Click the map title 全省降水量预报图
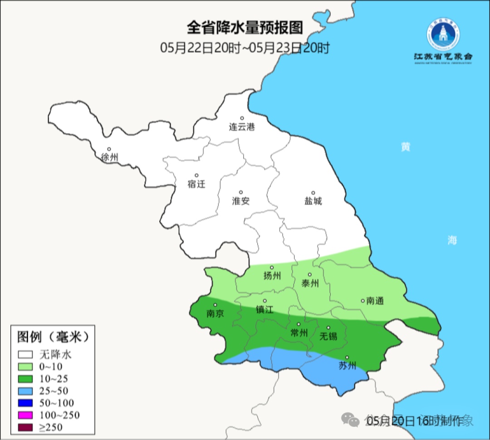pyautogui.click(x=245, y=28)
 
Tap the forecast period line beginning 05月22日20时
pyautogui.click(x=245, y=47)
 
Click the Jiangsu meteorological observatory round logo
pyautogui.click(x=443, y=35)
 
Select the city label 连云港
pyautogui.click(x=242, y=127)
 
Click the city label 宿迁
pyautogui.click(x=196, y=184)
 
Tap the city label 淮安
pyautogui.click(x=241, y=201)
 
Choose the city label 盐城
pyautogui.click(x=313, y=201)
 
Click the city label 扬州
pyautogui.click(x=272, y=276)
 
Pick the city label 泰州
pyautogui.click(x=310, y=283)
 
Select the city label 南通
pyautogui.click(x=375, y=301)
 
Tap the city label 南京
pyautogui.click(x=215, y=313)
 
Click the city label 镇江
pyautogui.click(x=265, y=309)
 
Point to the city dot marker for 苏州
pyautogui.click(x=347, y=358)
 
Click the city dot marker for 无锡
pyautogui.click(x=328, y=328)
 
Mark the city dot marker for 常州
pyautogui.click(x=299, y=324)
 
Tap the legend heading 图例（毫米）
pyautogui.click(x=52, y=337)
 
